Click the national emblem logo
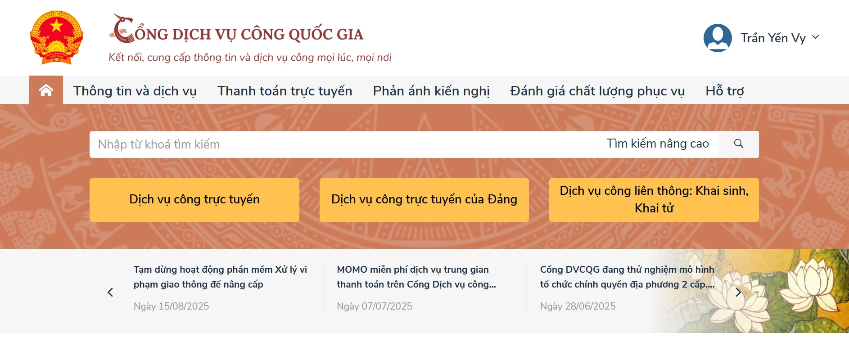pyautogui.click(x=56, y=38)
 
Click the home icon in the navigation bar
pyautogui.click(x=46, y=90)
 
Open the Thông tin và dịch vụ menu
pyautogui.click(x=135, y=91)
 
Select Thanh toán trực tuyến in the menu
pyautogui.click(x=285, y=91)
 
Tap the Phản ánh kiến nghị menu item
pyautogui.click(x=431, y=91)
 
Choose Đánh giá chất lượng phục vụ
pyautogui.click(x=597, y=91)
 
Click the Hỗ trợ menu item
pyautogui.click(x=725, y=91)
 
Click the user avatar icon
pyautogui.click(x=718, y=38)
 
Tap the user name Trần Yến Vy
pyautogui.click(x=773, y=38)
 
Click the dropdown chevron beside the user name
pyautogui.click(x=816, y=37)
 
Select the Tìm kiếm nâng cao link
pyautogui.click(x=658, y=144)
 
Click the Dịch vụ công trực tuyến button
pyautogui.click(x=194, y=200)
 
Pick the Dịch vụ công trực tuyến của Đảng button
pyautogui.click(x=424, y=200)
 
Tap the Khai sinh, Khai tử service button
pyautogui.click(x=654, y=200)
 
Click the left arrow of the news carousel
pyautogui.click(x=110, y=292)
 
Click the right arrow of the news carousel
pyautogui.click(x=738, y=292)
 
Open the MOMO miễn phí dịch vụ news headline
pyautogui.click(x=416, y=277)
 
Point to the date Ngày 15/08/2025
pyautogui.click(x=172, y=306)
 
